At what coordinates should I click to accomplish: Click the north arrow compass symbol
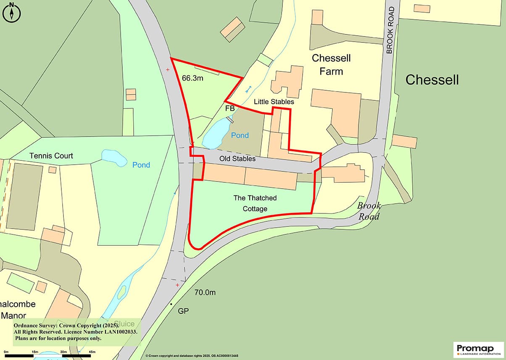pos(11,12)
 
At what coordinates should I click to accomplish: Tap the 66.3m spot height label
pos(192,78)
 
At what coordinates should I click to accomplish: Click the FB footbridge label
pos(230,108)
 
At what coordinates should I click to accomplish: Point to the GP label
pos(183,311)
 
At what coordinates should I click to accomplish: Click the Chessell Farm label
pos(331,64)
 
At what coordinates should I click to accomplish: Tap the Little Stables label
pos(274,102)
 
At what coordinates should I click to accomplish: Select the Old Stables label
pos(237,159)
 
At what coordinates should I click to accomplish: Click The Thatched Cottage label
pos(255,203)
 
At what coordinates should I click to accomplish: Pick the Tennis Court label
pos(51,156)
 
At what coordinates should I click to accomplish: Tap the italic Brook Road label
pos(369,211)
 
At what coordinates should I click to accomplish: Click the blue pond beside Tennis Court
pos(114,158)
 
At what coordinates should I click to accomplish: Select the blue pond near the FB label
pos(216,133)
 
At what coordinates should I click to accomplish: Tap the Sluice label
pos(124,324)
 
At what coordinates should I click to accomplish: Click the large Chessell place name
pos(432,80)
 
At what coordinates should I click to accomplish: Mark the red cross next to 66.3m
pos(168,70)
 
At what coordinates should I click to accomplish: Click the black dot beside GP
pos(171,303)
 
